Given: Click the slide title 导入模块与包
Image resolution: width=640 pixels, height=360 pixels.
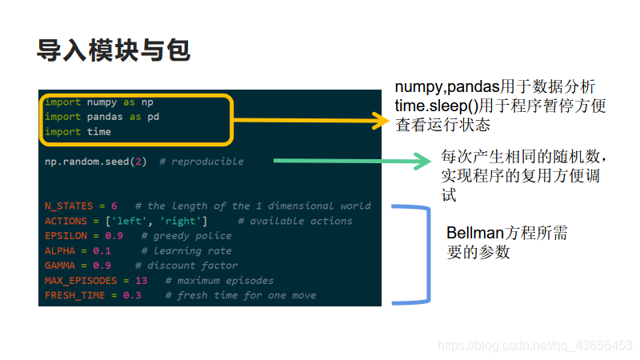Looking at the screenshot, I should click(113, 50).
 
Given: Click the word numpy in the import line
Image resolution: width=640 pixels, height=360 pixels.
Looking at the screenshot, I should click(102, 102).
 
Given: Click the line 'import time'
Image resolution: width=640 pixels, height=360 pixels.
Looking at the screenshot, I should click(78, 132).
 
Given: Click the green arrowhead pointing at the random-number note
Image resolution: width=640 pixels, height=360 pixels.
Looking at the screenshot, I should click(424, 161).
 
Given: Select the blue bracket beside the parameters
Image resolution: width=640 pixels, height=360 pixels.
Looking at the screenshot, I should click(420, 254).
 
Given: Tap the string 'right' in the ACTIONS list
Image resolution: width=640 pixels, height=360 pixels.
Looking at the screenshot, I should click(182, 221).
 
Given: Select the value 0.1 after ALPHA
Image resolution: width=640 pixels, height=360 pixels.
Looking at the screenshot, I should click(102, 251).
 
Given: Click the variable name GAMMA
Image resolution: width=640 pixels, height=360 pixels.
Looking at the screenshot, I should click(60, 266).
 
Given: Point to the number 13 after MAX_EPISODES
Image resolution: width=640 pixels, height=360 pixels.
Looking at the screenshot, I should click(142, 281).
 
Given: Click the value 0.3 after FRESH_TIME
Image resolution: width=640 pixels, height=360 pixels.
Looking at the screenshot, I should click(132, 296).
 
